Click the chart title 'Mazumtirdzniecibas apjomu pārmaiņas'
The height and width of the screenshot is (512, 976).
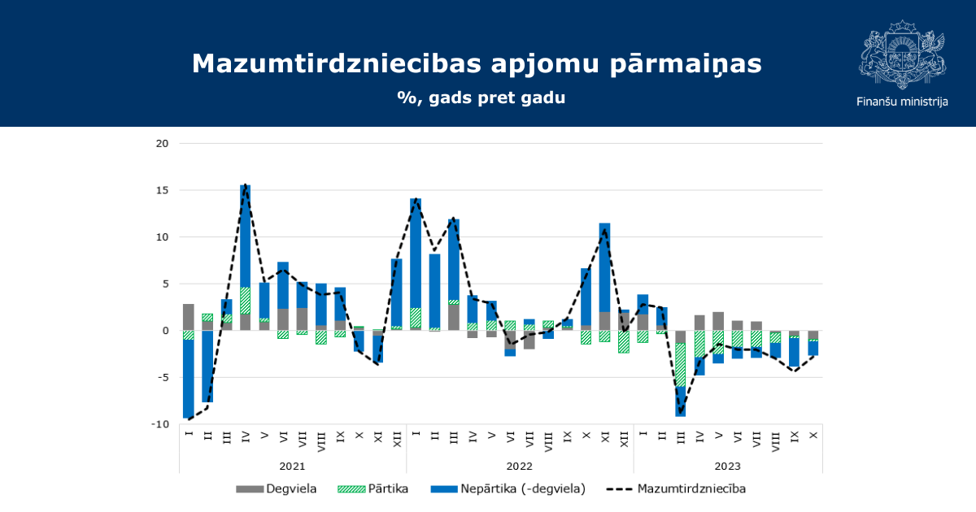[477, 64]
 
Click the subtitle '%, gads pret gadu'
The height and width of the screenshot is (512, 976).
[481, 98]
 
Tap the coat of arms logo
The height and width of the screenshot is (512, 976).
[902, 54]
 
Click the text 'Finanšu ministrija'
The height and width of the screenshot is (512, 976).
[902, 102]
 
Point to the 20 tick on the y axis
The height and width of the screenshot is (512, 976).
[162, 144]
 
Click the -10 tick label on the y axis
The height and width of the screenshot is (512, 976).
[160, 424]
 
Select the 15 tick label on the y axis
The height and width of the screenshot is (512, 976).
[162, 191]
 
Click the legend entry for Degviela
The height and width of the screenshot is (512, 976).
[277, 489]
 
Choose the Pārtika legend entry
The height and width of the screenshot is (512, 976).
[373, 489]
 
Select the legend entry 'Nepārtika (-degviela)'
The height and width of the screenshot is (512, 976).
[508, 489]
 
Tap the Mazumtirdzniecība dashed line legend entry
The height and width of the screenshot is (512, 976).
[676, 489]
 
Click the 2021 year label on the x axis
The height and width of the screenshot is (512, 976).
[292, 466]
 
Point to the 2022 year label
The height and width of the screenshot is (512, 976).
[520, 466]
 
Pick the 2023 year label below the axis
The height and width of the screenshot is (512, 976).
[728, 466]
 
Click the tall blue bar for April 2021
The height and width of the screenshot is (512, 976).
[246, 236]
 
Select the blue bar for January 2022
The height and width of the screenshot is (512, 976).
[416, 254]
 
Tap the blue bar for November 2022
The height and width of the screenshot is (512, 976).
[605, 267]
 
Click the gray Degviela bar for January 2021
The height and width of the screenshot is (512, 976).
[189, 318]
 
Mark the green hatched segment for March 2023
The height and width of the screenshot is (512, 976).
[680, 365]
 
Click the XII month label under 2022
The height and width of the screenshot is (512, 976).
[624, 439]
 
